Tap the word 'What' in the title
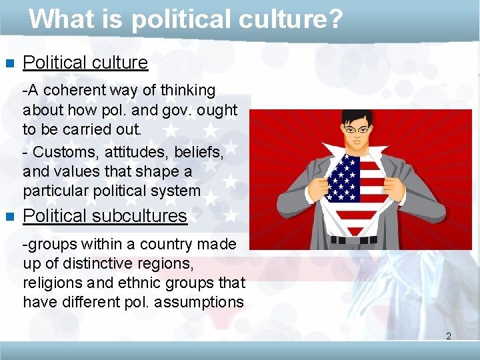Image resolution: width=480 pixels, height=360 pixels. [x=59, y=19]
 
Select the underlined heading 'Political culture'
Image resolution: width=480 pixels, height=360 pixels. [x=85, y=63]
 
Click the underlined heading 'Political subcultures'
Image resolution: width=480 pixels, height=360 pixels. [x=105, y=216]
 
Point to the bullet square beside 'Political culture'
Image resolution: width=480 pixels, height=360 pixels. [x=9, y=64]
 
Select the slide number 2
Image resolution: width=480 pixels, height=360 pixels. [x=449, y=336]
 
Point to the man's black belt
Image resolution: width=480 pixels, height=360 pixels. [x=361, y=239]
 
